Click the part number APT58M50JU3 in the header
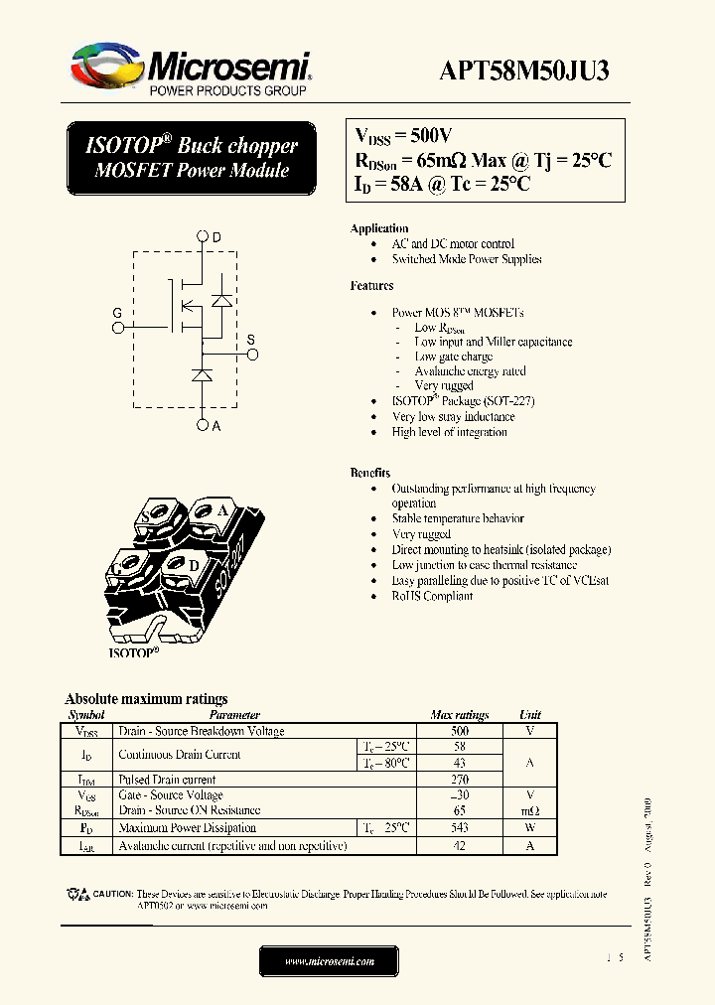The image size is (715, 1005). click(x=524, y=71)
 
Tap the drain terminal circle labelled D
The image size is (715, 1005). click(x=203, y=236)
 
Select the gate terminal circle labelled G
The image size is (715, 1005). click(x=117, y=326)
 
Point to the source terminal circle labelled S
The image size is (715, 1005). click(x=251, y=353)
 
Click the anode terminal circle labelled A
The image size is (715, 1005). click(x=203, y=425)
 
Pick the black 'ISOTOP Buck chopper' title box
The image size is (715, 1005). click(x=191, y=158)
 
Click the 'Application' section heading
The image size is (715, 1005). click(x=379, y=228)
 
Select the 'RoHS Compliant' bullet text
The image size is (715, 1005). click(x=432, y=596)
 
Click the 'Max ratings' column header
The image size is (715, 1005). click(x=460, y=715)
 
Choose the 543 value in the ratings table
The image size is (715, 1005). click(x=460, y=827)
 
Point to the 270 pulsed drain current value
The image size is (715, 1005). click(x=460, y=780)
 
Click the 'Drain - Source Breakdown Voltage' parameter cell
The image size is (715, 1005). click(x=202, y=731)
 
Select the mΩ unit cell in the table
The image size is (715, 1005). click(x=530, y=810)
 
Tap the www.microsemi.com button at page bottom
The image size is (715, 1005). click(x=329, y=961)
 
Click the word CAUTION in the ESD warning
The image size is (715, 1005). click(x=113, y=895)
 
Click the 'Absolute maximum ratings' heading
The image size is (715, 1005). click(x=146, y=698)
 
